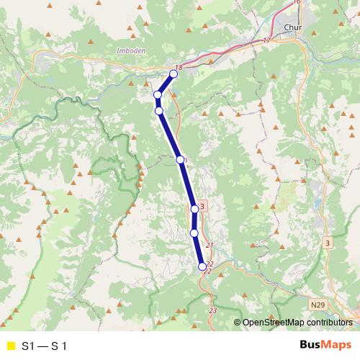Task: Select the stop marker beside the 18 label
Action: click(174, 73)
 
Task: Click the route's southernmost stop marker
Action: click(202, 266)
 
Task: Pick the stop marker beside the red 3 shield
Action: click(194, 209)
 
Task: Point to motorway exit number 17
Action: click(267, 40)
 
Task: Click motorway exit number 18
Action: click(179, 67)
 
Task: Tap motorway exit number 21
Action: click(210, 246)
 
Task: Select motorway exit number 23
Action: click(212, 310)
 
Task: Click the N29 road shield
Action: click(318, 305)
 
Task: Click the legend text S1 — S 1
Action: click(45, 346)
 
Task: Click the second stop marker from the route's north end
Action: click(157, 95)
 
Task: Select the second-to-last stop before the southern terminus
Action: click(194, 233)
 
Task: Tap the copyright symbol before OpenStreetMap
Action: click(237, 323)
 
